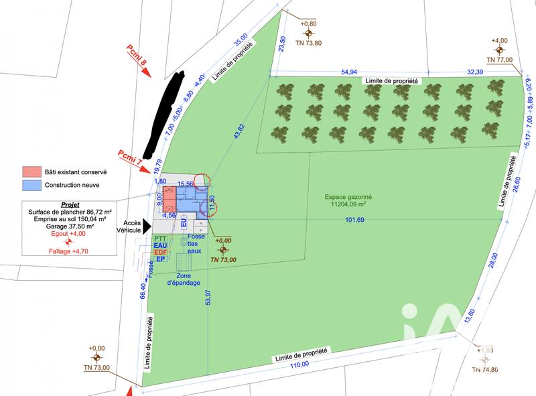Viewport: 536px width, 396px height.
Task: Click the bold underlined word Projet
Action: pos(70,204)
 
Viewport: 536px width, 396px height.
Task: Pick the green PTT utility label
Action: pos(160,239)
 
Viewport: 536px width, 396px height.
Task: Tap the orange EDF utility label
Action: pos(160,252)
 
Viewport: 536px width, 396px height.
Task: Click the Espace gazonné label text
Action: pos(348,198)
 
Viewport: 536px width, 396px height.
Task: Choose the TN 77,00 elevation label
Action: pos(499,60)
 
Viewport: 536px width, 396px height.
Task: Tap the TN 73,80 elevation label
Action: pos(309,43)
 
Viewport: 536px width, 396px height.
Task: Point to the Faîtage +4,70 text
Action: pos(68,251)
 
